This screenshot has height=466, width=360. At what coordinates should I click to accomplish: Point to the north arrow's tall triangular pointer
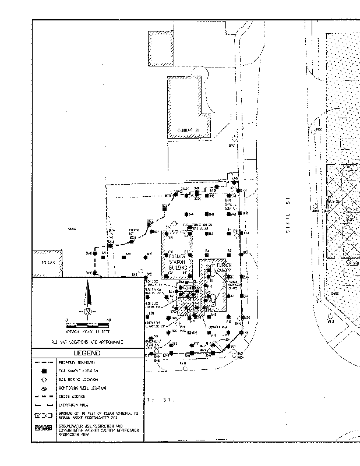tap(87, 294)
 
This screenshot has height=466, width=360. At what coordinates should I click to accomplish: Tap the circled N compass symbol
tap(87, 312)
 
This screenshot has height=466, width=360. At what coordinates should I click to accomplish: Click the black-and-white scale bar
tap(87, 322)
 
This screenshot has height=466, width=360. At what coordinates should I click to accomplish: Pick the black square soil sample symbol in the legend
tap(44, 370)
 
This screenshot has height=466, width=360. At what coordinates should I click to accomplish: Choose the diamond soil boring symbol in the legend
tap(44, 379)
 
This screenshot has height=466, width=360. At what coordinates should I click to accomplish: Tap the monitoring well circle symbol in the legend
tap(44, 387)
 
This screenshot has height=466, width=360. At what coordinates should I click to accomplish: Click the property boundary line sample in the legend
tap(44, 362)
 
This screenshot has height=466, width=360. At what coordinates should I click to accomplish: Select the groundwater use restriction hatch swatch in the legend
tap(44, 429)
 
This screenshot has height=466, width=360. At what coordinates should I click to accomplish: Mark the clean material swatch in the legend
tap(44, 416)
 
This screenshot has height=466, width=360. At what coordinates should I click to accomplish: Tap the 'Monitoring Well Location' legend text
tap(82, 387)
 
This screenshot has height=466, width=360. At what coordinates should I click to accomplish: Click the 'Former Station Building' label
tap(178, 262)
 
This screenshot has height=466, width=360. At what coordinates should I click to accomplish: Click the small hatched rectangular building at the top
tap(161, 47)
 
